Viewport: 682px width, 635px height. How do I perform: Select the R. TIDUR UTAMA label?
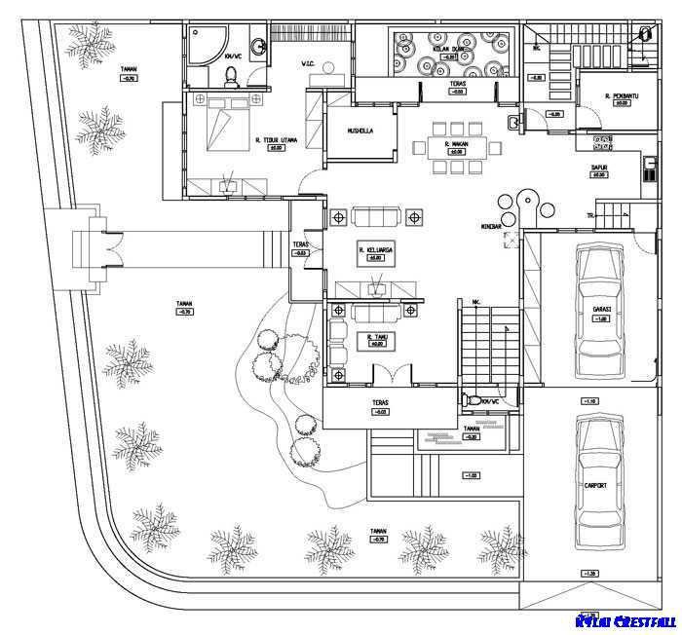point(276,139)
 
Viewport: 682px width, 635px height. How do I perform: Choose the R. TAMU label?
point(376,336)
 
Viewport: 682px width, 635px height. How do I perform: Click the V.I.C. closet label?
point(308,66)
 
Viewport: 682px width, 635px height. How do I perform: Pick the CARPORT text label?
point(596,485)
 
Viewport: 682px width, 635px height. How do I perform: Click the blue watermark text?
point(625,621)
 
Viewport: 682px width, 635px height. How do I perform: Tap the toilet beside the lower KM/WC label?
point(474,400)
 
